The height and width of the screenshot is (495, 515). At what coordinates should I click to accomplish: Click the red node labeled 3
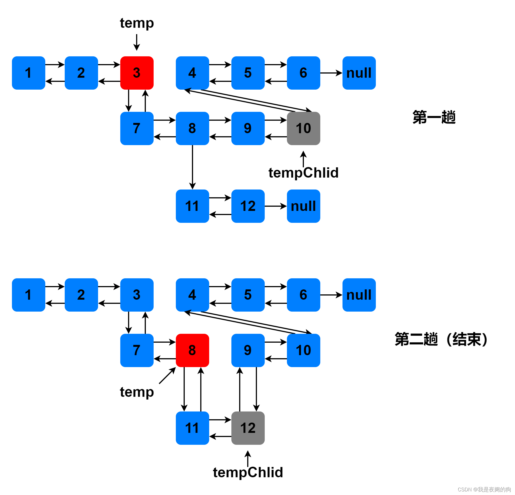click(137, 73)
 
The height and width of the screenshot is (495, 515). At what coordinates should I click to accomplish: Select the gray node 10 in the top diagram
click(303, 128)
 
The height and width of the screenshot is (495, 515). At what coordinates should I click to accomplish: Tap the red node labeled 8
click(192, 350)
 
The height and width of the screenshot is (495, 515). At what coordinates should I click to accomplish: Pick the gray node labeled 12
click(248, 428)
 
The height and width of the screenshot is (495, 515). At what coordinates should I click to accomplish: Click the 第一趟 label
click(434, 117)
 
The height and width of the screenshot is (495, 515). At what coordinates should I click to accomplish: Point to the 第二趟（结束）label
click(441, 339)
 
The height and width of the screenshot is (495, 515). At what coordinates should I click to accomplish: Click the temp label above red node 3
click(137, 23)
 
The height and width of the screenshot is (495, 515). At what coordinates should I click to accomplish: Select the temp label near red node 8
click(137, 392)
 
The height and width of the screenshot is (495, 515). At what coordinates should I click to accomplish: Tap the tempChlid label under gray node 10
click(303, 173)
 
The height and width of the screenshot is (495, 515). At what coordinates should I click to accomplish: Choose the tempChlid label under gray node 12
click(248, 473)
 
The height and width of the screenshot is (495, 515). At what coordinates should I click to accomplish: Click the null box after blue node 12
click(303, 206)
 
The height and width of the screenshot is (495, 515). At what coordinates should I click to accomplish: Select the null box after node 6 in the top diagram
click(359, 73)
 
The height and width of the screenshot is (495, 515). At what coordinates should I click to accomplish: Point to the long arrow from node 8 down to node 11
click(192, 166)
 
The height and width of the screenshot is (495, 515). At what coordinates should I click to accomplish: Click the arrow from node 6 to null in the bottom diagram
click(331, 295)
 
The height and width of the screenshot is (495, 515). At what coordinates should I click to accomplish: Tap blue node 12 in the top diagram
click(248, 206)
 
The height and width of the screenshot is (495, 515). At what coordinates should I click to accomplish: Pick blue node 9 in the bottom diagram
click(248, 350)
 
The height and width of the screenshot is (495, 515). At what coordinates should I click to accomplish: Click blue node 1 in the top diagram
click(28, 73)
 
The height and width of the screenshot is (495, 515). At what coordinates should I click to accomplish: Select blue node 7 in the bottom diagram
click(137, 350)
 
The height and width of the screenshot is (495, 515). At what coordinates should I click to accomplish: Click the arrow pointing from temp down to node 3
click(137, 42)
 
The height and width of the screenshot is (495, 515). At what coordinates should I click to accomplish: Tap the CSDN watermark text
click(484, 489)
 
